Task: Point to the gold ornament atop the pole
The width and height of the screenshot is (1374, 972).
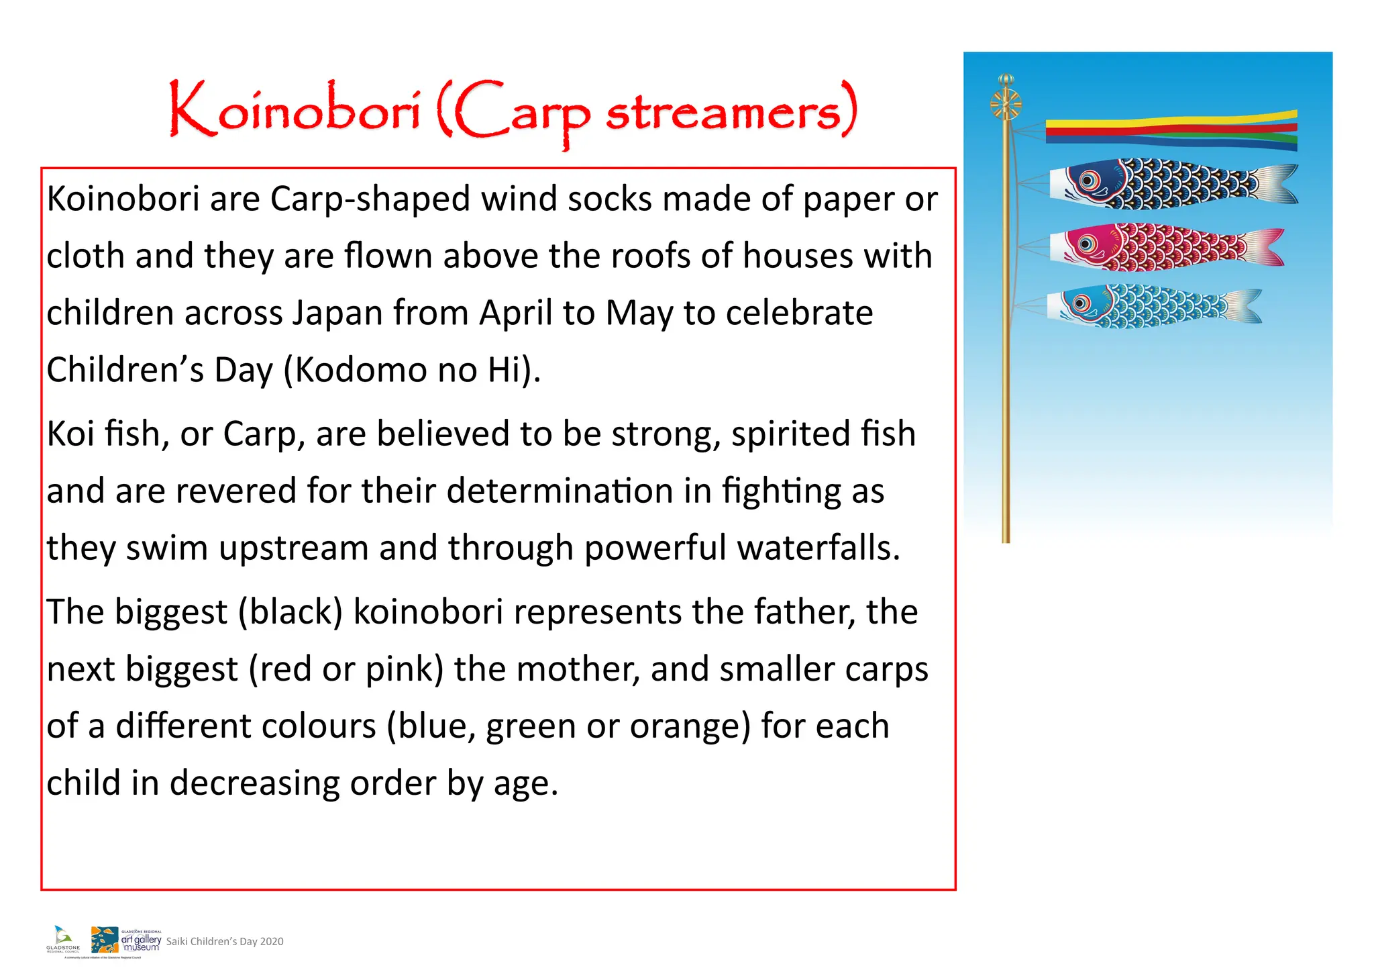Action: (x=1005, y=101)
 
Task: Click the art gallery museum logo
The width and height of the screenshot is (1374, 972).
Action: (x=126, y=940)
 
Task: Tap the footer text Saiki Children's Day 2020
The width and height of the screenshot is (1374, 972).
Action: (x=225, y=942)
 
